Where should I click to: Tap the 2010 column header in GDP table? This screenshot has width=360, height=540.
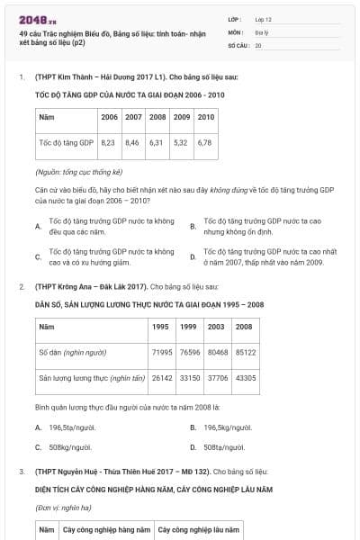(x=204, y=117)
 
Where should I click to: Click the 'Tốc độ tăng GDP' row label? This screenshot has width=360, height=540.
(x=67, y=142)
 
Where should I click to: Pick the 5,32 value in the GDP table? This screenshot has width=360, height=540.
(x=180, y=142)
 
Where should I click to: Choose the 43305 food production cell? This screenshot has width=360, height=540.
(x=244, y=378)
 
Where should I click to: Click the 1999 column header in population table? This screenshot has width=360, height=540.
(x=189, y=326)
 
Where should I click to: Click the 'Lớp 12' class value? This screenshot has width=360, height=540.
(x=264, y=19)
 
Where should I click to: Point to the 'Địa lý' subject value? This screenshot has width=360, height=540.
(x=262, y=31)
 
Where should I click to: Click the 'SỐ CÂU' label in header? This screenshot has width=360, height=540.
(x=238, y=43)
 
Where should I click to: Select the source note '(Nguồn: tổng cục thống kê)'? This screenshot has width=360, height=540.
(x=79, y=171)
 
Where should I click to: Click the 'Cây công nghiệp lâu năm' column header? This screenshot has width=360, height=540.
(x=198, y=531)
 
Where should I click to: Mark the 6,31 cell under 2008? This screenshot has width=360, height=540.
(x=157, y=142)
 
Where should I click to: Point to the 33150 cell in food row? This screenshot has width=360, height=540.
(x=189, y=378)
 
